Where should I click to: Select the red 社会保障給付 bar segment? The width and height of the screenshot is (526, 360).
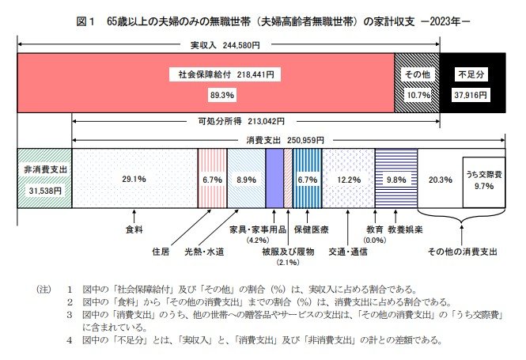206,83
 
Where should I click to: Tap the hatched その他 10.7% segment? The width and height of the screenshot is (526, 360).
417,83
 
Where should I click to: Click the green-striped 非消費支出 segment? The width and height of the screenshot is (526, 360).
44,179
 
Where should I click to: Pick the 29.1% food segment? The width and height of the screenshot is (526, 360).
134,179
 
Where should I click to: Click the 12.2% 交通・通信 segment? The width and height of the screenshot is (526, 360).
348,179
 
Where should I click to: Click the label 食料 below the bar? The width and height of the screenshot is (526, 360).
134,229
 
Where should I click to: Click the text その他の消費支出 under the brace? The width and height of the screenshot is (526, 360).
462,251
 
